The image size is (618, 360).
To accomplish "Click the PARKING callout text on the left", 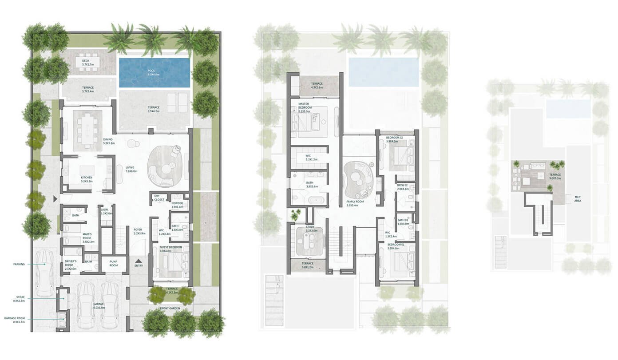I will coord(19,264).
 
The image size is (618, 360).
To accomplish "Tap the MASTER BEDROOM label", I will coord(304,106).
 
